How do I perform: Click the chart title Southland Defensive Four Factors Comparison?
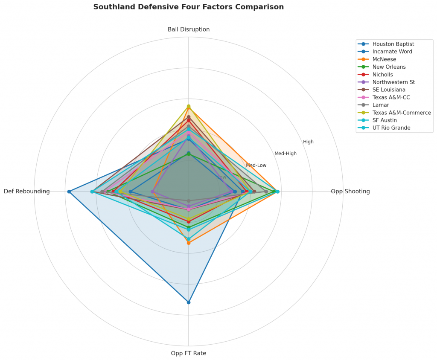tap(188, 7)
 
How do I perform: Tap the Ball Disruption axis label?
tap(188, 29)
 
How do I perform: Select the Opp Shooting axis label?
tap(350, 192)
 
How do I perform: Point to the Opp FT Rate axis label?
tap(188, 353)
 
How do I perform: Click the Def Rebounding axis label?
tap(27, 192)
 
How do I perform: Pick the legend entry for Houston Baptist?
tap(393, 44)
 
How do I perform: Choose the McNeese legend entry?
tap(384, 59)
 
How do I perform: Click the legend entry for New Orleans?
tap(389, 67)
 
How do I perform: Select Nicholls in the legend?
tap(383, 75)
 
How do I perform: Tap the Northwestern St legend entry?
tap(393, 82)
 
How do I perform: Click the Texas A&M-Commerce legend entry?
tap(401, 113)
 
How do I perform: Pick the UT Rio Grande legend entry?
tap(391, 128)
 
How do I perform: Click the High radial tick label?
tap(308, 142)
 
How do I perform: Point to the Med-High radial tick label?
tap(285, 154)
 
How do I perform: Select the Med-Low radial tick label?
tap(256, 165)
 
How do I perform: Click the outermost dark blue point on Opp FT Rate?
tap(189, 302)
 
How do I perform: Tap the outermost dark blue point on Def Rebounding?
tap(69, 192)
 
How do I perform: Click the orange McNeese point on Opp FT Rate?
tap(189, 243)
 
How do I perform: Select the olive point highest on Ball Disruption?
tap(189, 106)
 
